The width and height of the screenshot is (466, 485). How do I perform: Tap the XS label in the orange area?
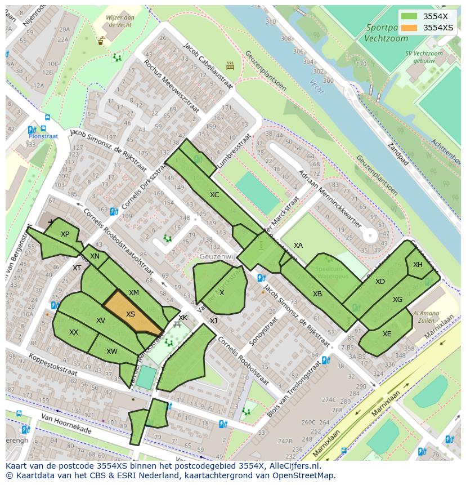pos(131,314)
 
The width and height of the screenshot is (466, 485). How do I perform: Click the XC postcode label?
pos(214,195)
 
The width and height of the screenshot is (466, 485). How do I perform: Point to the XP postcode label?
pos(65,234)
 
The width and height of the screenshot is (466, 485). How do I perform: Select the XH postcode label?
pos(418,265)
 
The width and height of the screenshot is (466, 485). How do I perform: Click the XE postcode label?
pos(387,334)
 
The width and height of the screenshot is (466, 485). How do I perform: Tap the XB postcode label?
pos(317,294)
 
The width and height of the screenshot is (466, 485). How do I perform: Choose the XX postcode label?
pos(74,332)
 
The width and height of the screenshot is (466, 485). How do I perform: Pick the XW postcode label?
pos(112,351)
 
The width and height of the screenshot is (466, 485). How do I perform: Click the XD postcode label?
pos(380,282)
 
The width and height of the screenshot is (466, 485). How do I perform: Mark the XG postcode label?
pos(398,300)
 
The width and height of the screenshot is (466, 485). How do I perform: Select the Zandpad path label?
pos(397,153)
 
